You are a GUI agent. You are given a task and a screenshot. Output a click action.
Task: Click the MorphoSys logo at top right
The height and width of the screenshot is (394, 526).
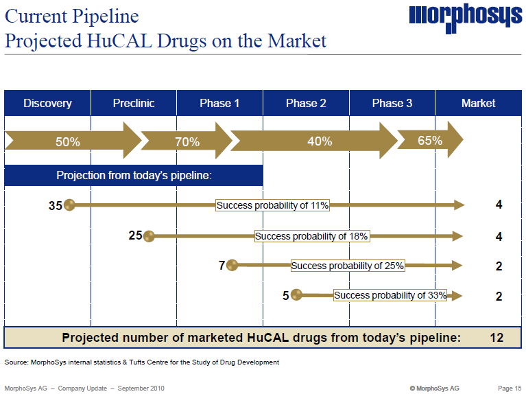465,18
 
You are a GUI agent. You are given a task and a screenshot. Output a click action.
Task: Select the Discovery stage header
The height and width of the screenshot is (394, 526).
47,104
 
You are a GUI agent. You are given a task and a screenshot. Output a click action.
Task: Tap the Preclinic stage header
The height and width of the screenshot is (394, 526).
134,104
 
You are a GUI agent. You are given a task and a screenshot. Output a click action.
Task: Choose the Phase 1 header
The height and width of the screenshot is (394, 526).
219,104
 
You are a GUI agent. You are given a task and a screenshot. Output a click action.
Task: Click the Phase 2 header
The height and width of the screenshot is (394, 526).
306,104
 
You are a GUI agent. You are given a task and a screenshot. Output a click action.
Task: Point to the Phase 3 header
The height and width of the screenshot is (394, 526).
392,104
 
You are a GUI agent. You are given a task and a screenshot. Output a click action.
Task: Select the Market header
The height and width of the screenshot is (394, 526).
478,104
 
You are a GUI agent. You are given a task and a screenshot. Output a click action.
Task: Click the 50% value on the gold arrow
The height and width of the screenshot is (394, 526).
68,142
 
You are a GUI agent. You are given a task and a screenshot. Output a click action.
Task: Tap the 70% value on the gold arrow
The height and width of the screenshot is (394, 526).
187,142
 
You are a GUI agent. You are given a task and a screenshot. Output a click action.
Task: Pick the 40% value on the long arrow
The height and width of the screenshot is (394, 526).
320,141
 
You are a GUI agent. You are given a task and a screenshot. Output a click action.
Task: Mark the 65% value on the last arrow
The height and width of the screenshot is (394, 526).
429,141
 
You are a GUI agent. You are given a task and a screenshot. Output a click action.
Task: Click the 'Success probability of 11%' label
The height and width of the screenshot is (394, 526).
273,205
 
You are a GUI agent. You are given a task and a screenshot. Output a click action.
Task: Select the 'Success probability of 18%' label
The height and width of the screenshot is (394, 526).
311,236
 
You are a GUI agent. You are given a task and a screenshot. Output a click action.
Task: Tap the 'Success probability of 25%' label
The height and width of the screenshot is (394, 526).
348,266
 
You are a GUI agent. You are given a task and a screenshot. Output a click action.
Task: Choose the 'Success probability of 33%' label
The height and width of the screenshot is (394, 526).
390,295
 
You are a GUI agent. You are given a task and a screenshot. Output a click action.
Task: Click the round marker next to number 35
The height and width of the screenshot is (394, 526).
69,205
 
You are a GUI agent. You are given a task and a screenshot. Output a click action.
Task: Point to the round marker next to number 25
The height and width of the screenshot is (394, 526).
149,236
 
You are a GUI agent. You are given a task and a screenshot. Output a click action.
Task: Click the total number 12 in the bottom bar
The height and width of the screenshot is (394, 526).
497,338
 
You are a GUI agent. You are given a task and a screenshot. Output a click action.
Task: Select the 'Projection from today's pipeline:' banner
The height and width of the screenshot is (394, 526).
134,176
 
